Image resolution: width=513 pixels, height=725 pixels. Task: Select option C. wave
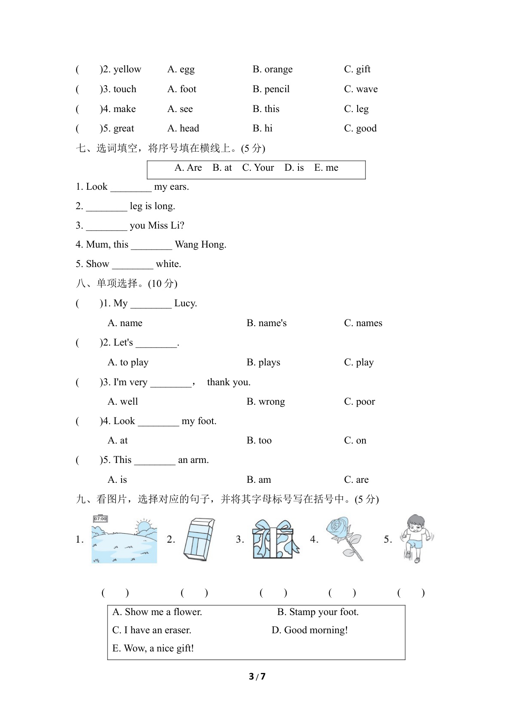point(361,89)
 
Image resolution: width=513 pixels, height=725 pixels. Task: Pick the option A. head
point(183,129)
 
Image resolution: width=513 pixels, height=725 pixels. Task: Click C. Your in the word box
point(258,168)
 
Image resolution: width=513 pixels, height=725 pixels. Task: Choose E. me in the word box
point(326,168)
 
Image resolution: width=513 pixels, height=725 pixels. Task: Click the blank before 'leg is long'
point(107,207)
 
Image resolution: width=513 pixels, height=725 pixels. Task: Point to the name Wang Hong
point(200,245)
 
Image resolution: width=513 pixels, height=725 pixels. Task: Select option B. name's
point(267,323)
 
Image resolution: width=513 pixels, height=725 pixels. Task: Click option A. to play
point(128,362)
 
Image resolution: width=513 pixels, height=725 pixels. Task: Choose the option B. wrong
point(266,402)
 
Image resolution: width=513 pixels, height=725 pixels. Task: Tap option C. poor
point(360,402)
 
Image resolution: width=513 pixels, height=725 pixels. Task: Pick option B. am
point(259,480)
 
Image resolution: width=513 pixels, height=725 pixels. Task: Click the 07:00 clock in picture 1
point(100,519)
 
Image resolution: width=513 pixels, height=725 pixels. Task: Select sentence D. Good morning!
point(310,630)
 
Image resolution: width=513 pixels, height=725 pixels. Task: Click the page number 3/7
point(257,677)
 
